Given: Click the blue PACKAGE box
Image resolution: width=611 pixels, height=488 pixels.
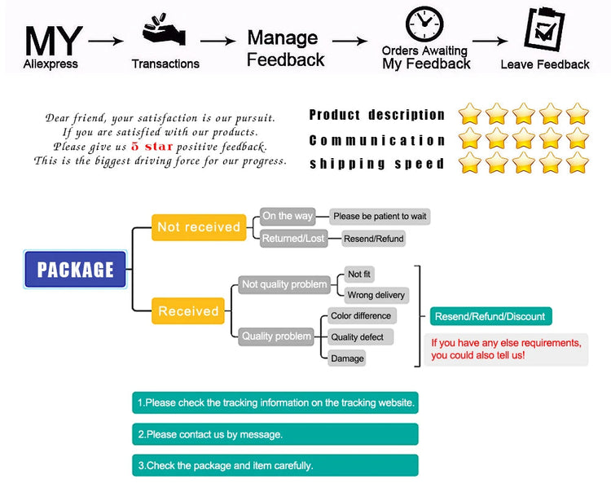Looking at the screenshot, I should [x=75, y=269].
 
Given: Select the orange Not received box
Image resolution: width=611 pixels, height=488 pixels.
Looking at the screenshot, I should [x=198, y=227].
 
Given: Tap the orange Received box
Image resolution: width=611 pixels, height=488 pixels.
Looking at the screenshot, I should [x=188, y=310].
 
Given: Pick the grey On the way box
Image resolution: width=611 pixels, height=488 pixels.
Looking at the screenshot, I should [x=287, y=216].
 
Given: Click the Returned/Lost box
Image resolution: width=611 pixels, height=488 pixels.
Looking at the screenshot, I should [x=293, y=239].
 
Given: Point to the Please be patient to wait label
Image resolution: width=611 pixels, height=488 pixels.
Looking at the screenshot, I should [x=380, y=216].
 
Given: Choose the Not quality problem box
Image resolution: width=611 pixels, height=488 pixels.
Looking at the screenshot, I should [x=284, y=284].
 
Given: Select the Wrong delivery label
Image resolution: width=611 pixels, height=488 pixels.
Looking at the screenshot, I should [x=376, y=295].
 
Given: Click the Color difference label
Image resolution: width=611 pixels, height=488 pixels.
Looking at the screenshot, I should [x=361, y=315].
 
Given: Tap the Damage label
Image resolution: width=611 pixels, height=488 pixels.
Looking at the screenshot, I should [x=348, y=358].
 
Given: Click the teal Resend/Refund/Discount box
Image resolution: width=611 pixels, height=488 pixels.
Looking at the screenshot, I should [x=490, y=316].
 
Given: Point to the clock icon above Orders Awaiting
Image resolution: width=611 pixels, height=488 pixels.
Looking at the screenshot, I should [x=424, y=24].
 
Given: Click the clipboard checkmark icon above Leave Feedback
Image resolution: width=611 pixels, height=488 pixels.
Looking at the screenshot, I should [x=542, y=29].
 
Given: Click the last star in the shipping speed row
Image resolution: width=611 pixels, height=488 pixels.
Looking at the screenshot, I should [x=577, y=163].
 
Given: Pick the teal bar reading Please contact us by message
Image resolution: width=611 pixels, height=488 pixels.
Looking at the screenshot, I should [x=275, y=434].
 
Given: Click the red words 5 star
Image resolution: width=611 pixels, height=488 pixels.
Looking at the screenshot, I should [x=152, y=147].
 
